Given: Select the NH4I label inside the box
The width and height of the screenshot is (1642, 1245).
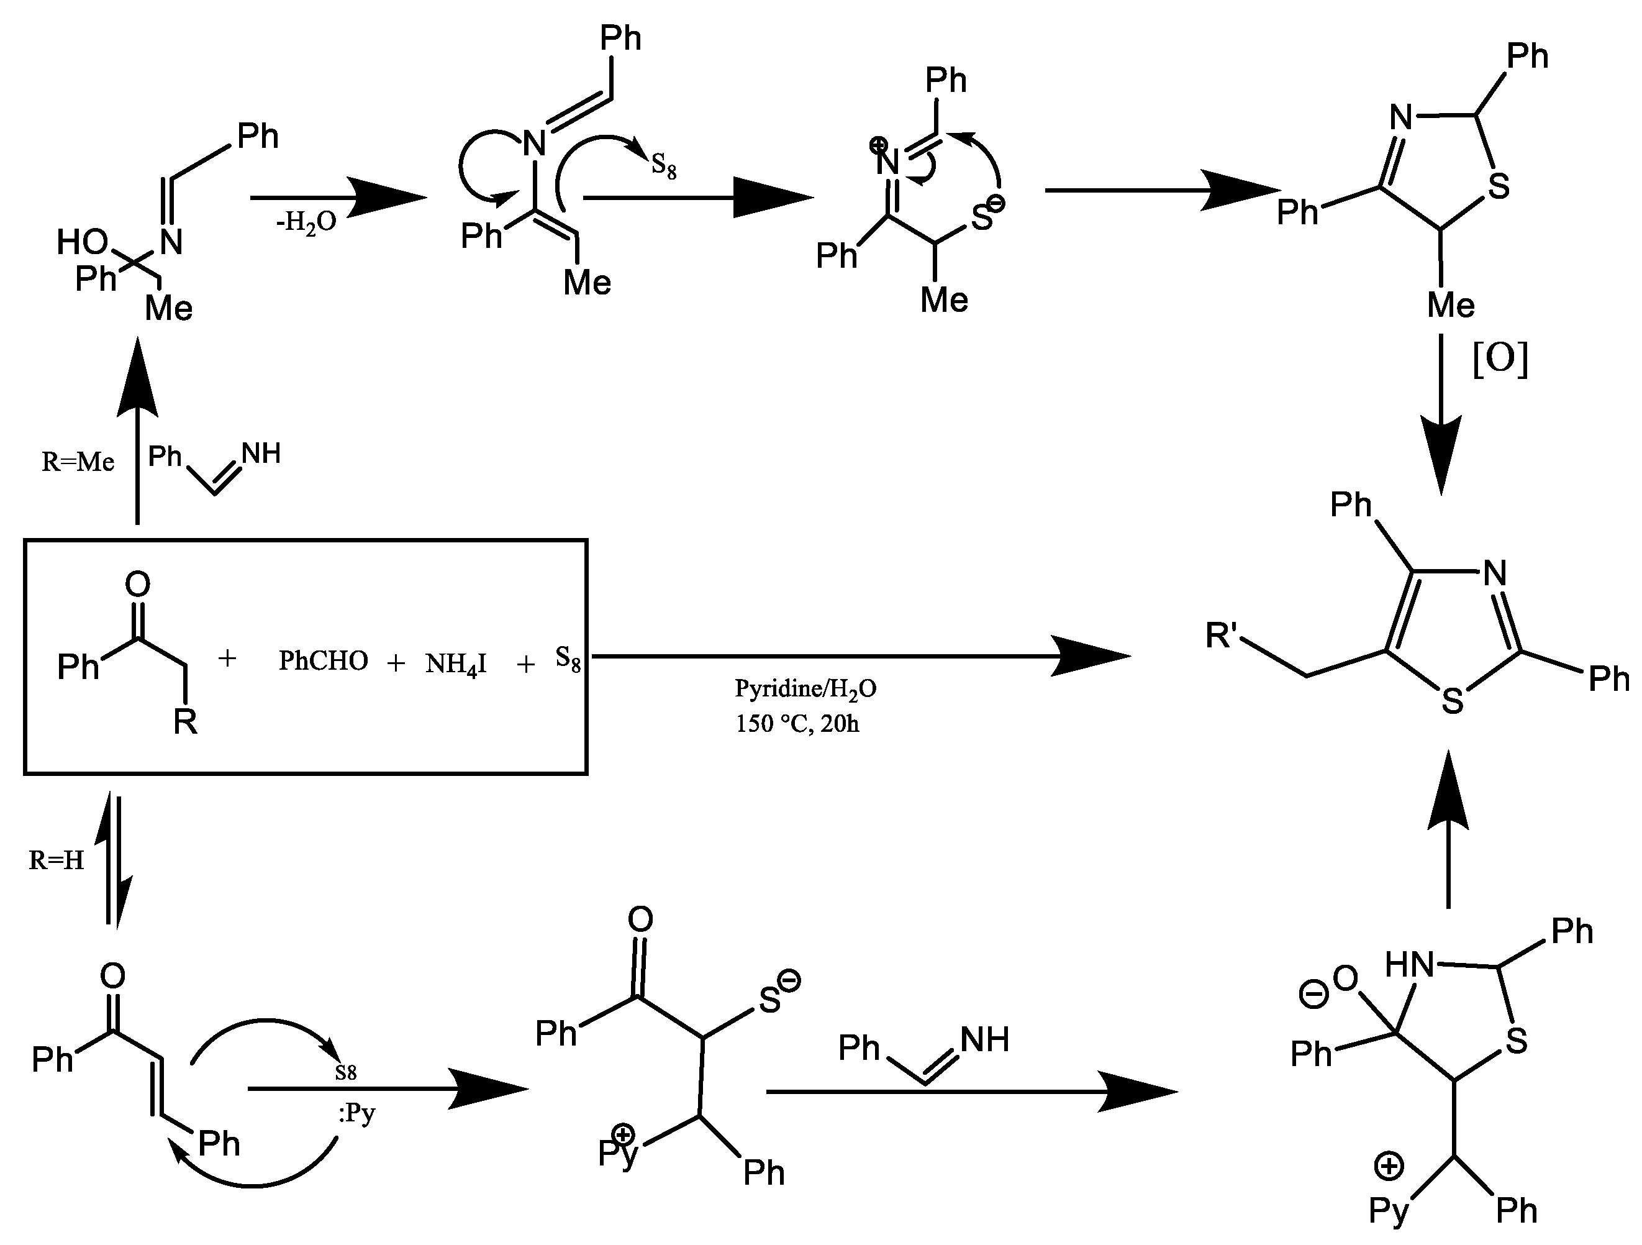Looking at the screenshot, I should point(456,663).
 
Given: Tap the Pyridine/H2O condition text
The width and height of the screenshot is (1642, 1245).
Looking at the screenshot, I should point(805,689).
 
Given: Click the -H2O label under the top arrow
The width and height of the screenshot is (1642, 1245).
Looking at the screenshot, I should point(306,222).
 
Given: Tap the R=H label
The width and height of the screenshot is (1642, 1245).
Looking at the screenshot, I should point(57,860).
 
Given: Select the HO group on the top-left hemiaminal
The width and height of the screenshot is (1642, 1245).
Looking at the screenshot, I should point(83,242).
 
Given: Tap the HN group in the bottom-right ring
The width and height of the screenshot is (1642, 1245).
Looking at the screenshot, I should point(1409,965).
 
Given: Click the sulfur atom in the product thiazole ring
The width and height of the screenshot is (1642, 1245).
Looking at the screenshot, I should point(1452,701).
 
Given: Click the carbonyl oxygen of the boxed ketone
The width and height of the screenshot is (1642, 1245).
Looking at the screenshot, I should point(137,584).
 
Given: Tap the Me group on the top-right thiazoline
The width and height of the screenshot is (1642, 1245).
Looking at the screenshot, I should point(1451,305).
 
